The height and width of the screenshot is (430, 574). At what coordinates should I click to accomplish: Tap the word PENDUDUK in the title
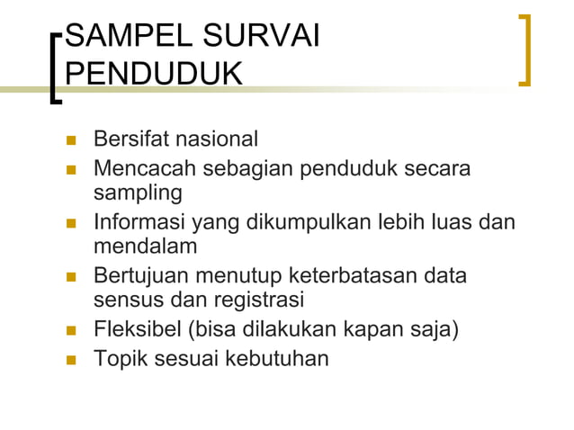pos(154,73)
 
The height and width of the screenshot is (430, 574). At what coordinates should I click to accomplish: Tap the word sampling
pos(138,193)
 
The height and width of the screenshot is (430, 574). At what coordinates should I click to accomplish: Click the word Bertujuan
pos(143,274)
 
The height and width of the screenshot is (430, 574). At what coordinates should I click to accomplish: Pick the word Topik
pos(119,358)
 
